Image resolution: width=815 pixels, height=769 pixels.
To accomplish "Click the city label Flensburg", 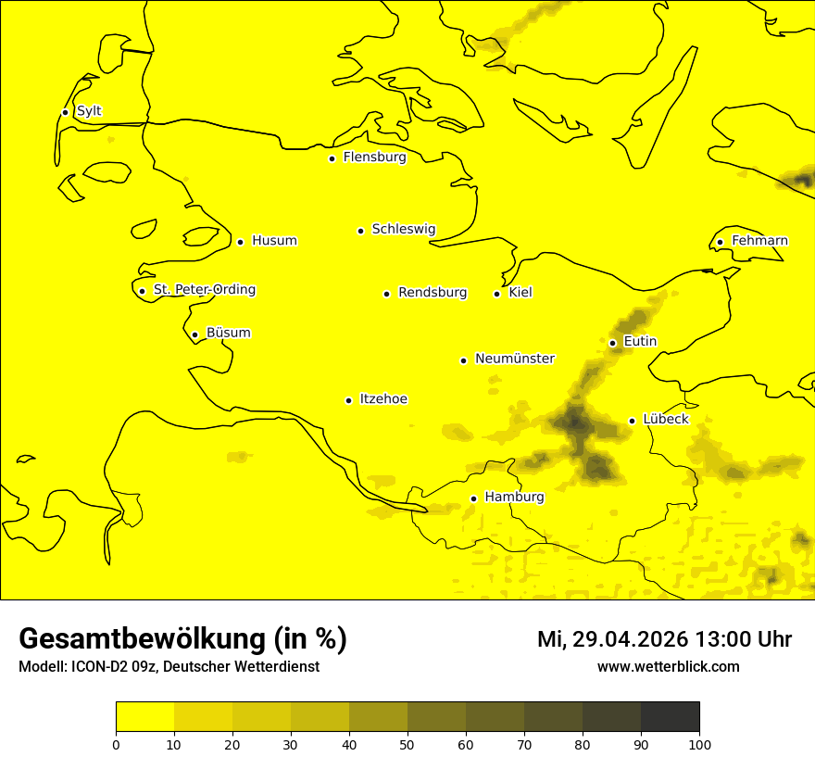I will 374,158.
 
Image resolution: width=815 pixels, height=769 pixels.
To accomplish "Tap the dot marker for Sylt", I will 65,112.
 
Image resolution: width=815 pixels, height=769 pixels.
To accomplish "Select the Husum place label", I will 274,241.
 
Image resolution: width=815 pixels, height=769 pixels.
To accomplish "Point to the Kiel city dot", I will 496,294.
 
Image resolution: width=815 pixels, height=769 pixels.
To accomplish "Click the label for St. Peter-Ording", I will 204,290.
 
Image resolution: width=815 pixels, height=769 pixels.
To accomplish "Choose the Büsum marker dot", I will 194,334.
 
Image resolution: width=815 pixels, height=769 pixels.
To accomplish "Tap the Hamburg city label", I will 514,498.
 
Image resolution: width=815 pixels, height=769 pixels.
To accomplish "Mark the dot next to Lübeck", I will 632,421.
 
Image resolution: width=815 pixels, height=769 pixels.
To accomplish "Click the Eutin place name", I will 640,342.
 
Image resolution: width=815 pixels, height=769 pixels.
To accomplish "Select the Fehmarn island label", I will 759,241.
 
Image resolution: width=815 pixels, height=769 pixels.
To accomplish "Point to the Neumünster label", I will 515,359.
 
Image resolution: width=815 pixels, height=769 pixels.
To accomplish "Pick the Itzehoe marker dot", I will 348,400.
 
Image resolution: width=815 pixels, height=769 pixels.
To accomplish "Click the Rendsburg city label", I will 433,293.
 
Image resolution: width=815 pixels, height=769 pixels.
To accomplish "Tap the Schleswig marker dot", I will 360,231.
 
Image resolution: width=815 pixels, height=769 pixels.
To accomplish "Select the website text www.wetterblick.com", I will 668,666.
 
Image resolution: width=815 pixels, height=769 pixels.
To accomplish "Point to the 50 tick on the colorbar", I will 407,744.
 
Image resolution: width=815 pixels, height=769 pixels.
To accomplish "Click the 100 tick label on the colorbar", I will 699,744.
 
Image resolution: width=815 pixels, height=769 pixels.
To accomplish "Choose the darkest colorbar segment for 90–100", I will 670,716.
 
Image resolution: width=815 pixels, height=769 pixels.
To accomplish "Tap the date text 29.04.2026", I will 630,639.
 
